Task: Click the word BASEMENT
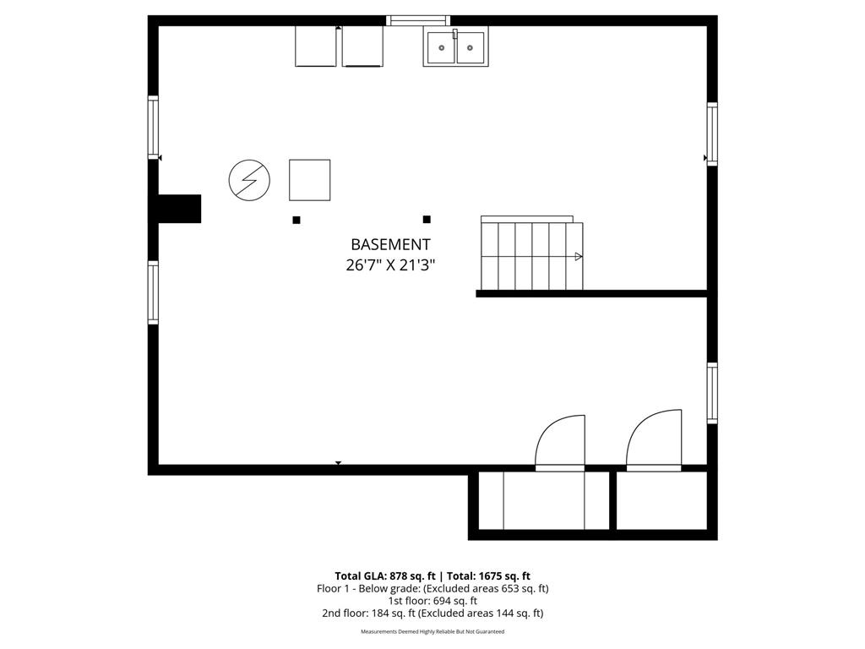point(390,244)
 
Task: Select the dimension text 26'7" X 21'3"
point(390,265)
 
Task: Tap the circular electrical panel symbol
point(250,180)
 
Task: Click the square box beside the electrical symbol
point(309,180)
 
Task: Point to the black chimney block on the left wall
point(179,209)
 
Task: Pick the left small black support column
point(296,220)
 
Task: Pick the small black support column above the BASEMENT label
point(427,219)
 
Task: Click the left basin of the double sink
point(441,47)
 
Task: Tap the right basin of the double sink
point(471,47)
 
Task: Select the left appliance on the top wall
point(316,46)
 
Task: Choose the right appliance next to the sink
point(362,46)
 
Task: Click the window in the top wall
point(418,20)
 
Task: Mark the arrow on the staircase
point(579,256)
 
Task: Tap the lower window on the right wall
point(712,393)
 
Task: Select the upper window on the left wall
point(153,128)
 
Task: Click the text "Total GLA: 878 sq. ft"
point(384,575)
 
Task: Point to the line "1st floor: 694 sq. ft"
point(432,601)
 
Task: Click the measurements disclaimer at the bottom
point(432,631)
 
